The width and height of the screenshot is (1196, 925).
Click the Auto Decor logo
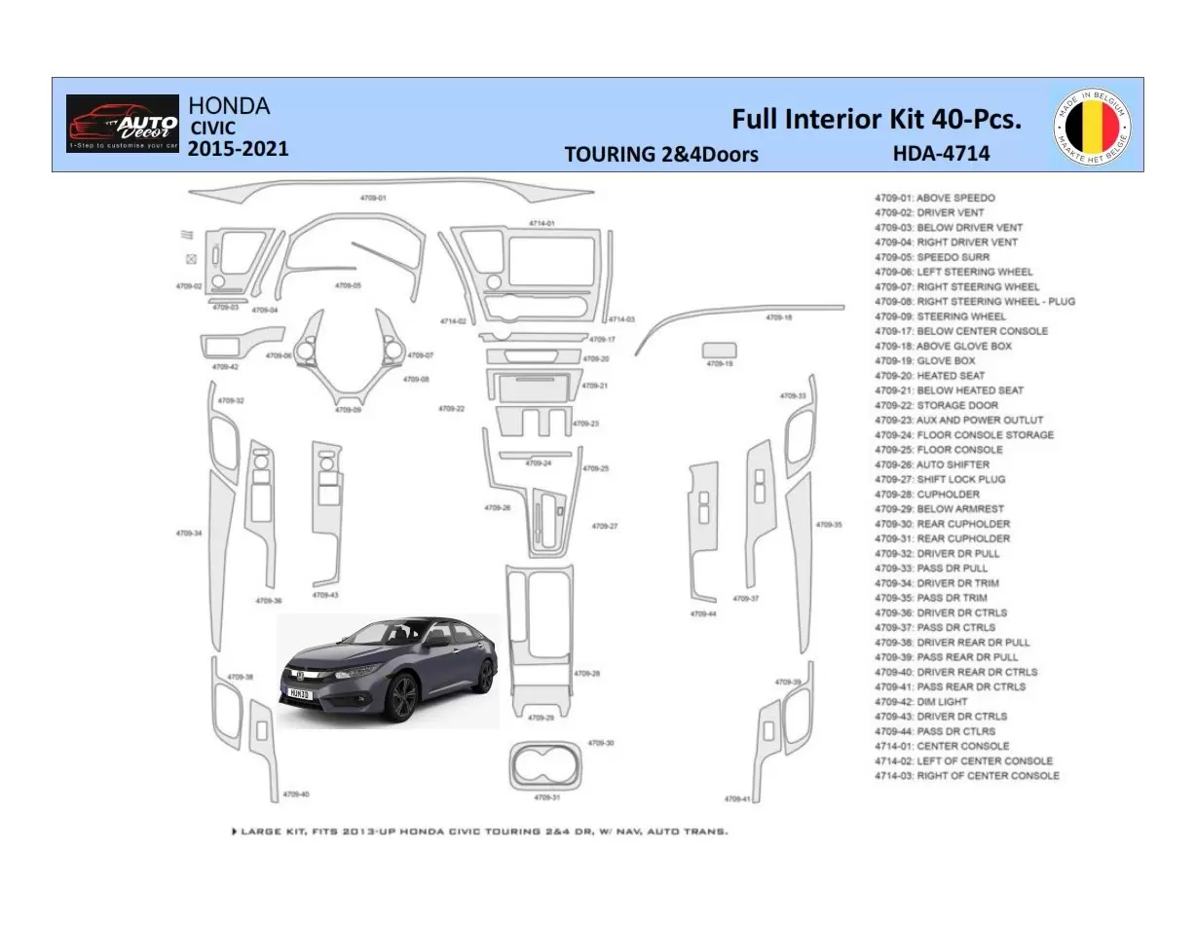click(123, 124)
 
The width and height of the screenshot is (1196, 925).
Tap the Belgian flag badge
click(1093, 125)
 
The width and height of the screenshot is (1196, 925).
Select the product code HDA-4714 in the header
click(941, 153)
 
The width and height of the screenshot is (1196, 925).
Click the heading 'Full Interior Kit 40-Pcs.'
click(877, 119)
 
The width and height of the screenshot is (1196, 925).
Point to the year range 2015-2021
click(238, 149)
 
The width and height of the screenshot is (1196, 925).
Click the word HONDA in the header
click(228, 105)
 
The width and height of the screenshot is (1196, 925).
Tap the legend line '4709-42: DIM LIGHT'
click(920, 702)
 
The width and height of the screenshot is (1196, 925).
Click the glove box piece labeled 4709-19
click(719, 350)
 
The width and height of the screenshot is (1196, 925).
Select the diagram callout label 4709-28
click(586, 674)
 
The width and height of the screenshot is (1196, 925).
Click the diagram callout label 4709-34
click(189, 534)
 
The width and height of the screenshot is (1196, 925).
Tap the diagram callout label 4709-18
click(778, 317)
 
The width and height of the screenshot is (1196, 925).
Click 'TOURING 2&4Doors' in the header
click(660, 154)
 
